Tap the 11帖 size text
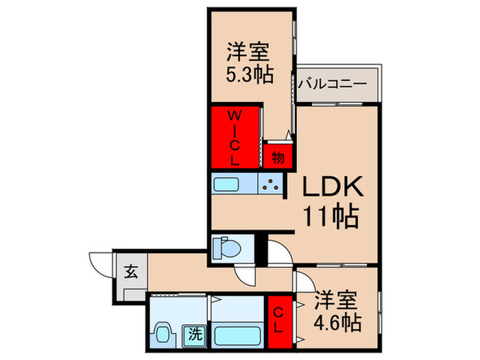(x=331, y=217)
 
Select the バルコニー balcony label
(x=333, y=85)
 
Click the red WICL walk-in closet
(x=235, y=136)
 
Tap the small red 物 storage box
(x=278, y=157)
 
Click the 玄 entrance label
(x=130, y=271)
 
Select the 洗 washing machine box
(x=195, y=336)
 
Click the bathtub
(x=237, y=335)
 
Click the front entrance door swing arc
(x=99, y=263)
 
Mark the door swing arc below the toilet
(x=245, y=275)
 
